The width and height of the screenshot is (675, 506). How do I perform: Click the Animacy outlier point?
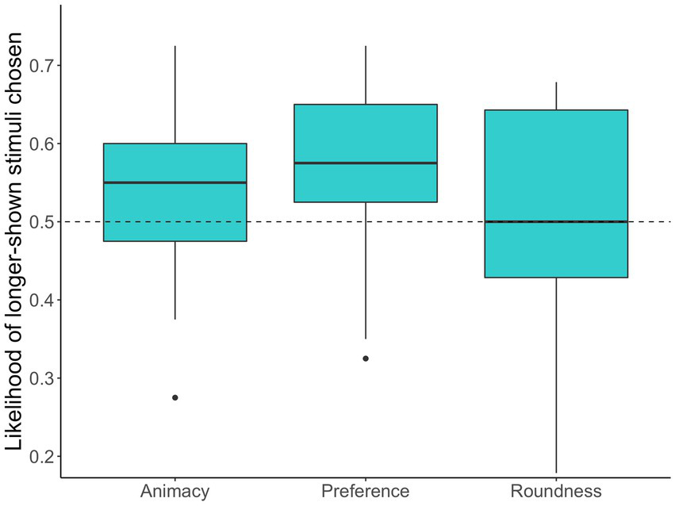click(175, 397)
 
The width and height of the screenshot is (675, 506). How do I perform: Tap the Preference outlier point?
click(366, 358)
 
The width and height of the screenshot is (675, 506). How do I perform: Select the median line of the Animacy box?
click(175, 182)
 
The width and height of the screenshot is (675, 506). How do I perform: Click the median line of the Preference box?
click(366, 163)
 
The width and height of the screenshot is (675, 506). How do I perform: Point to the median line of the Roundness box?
click(556, 222)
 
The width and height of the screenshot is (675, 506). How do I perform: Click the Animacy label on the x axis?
click(175, 491)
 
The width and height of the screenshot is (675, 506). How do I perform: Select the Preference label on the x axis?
click(366, 491)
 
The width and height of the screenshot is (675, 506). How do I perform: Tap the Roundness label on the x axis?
click(556, 491)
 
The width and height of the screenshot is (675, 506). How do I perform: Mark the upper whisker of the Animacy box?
click(175, 95)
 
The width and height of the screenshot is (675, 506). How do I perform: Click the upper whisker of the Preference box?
click(366, 75)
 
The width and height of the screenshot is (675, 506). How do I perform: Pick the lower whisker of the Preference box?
click(366, 270)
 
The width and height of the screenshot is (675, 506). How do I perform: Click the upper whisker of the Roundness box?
click(556, 96)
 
